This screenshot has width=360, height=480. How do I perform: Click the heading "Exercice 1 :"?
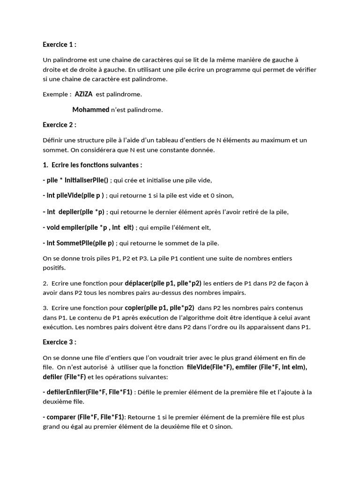click(x=59, y=45)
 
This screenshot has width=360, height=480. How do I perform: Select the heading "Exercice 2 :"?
click(x=59, y=125)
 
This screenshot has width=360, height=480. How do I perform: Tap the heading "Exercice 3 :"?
click(x=59, y=342)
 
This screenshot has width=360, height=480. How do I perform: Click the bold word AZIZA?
click(x=83, y=94)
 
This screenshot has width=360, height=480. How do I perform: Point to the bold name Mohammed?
click(x=90, y=110)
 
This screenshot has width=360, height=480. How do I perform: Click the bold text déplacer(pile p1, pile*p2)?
click(x=163, y=283)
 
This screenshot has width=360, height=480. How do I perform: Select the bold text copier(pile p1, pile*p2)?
click(x=159, y=308)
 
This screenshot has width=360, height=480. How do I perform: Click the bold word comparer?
click(x=61, y=417)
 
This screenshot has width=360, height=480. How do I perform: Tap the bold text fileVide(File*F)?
click(x=210, y=367)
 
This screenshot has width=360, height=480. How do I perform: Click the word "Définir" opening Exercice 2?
click(x=53, y=140)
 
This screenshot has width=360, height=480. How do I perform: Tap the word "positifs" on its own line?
click(x=54, y=268)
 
